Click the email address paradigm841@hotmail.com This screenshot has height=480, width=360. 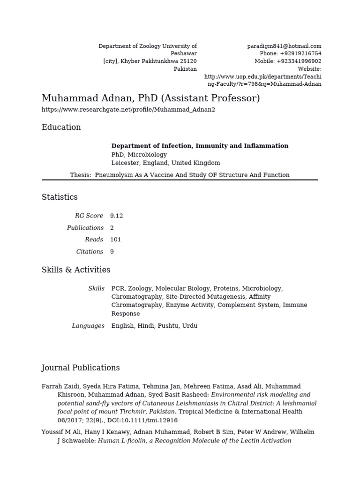(x=284, y=46)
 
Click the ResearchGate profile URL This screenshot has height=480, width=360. (x=128, y=110)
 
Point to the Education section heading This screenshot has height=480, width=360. (x=61, y=127)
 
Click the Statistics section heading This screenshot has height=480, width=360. (x=60, y=197)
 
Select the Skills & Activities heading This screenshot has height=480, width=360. (x=76, y=270)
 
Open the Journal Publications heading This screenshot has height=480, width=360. (x=81, y=368)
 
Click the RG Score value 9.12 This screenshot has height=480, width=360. (x=117, y=216)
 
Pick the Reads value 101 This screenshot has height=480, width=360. (x=116, y=240)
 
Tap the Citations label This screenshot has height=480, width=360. (x=90, y=252)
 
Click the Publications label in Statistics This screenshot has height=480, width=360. (x=85, y=228)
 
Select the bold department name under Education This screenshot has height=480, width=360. (x=200, y=146)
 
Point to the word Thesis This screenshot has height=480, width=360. (x=80, y=175)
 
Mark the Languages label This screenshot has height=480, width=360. (x=88, y=326)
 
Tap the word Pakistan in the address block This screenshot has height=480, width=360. (x=185, y=68)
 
